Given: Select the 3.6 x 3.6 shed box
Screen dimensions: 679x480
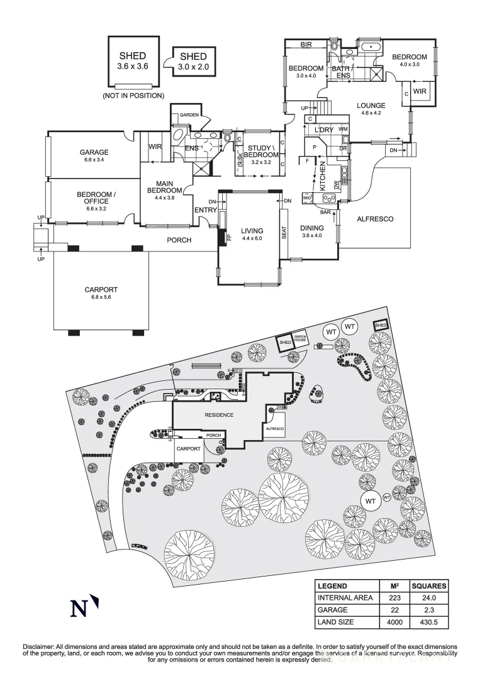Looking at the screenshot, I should (x=133, y=60).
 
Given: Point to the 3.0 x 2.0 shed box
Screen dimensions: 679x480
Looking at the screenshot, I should (x=193, y=62).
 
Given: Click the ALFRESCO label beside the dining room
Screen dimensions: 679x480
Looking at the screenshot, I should (x=375, y=219).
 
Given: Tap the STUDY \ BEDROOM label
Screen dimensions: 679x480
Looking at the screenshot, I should (x=260, y=151).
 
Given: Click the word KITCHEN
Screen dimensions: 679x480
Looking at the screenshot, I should (x=321, y=175).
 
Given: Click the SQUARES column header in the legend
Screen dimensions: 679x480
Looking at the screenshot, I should (x=430, y=586).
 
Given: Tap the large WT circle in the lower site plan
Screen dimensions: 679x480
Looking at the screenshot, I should (x=370, y=500).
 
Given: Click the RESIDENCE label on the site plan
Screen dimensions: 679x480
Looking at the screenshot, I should (x=219, y=415).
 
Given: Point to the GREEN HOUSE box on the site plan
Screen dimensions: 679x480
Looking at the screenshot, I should (x=300, y=338).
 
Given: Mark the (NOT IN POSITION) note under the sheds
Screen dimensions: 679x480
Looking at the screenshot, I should (x=133, y=96).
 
